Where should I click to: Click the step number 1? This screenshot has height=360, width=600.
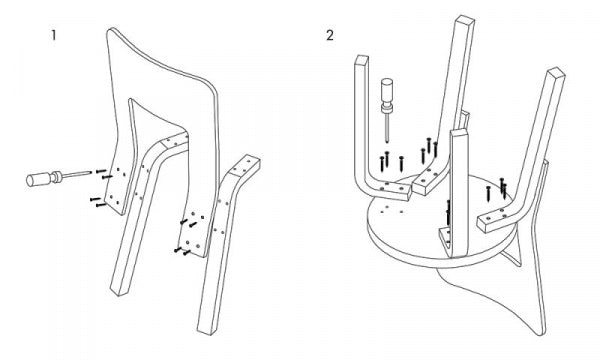(54, 36)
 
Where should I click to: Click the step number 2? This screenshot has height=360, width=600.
(329, 35)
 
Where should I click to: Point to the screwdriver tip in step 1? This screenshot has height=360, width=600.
(91, 172)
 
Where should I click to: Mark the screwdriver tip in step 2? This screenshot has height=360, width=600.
(388, 142)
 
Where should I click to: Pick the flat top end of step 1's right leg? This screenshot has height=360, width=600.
(245, 165)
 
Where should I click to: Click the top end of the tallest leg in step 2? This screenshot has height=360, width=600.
(465, 20)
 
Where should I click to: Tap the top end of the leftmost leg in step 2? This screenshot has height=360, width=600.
(362, 60)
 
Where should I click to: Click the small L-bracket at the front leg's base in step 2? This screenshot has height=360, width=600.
(445, 237)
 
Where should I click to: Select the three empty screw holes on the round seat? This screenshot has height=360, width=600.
(391, 210)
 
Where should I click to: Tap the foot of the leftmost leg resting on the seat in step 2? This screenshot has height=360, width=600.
(393, 191)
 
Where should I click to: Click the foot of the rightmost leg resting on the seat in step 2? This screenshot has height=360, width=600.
(494, 221)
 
